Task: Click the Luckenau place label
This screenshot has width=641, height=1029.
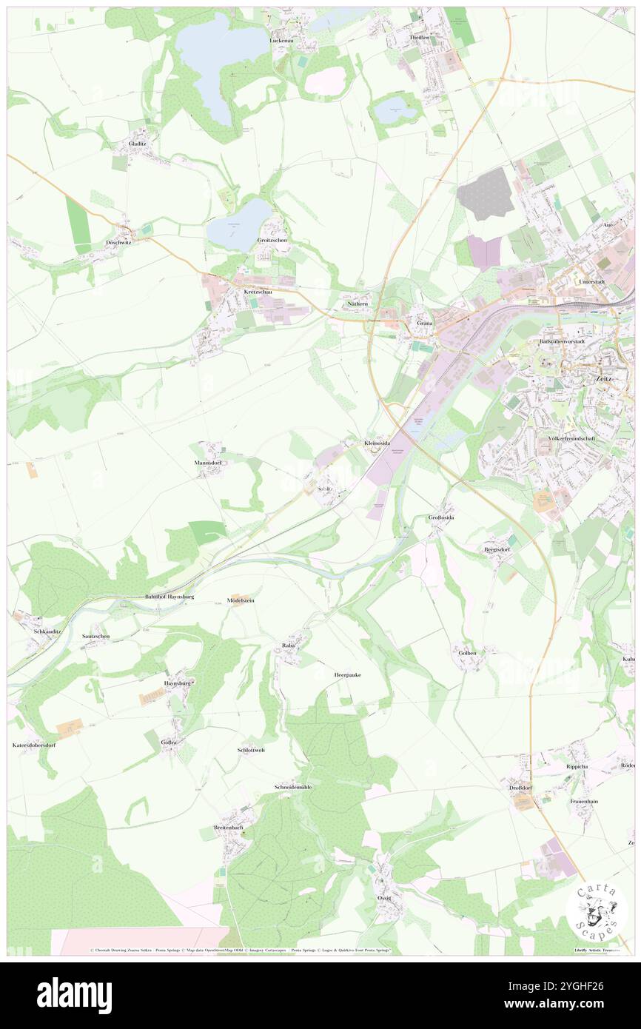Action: tap(283, 40)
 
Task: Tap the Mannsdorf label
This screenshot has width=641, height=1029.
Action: tap(209, 463)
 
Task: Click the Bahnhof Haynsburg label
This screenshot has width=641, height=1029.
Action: tap(169, 596)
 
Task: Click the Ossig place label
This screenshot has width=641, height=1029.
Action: tap(383, 898)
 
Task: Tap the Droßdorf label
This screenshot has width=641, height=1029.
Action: tap(521, 787)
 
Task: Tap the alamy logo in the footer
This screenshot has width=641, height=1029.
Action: tap(74, 995)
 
